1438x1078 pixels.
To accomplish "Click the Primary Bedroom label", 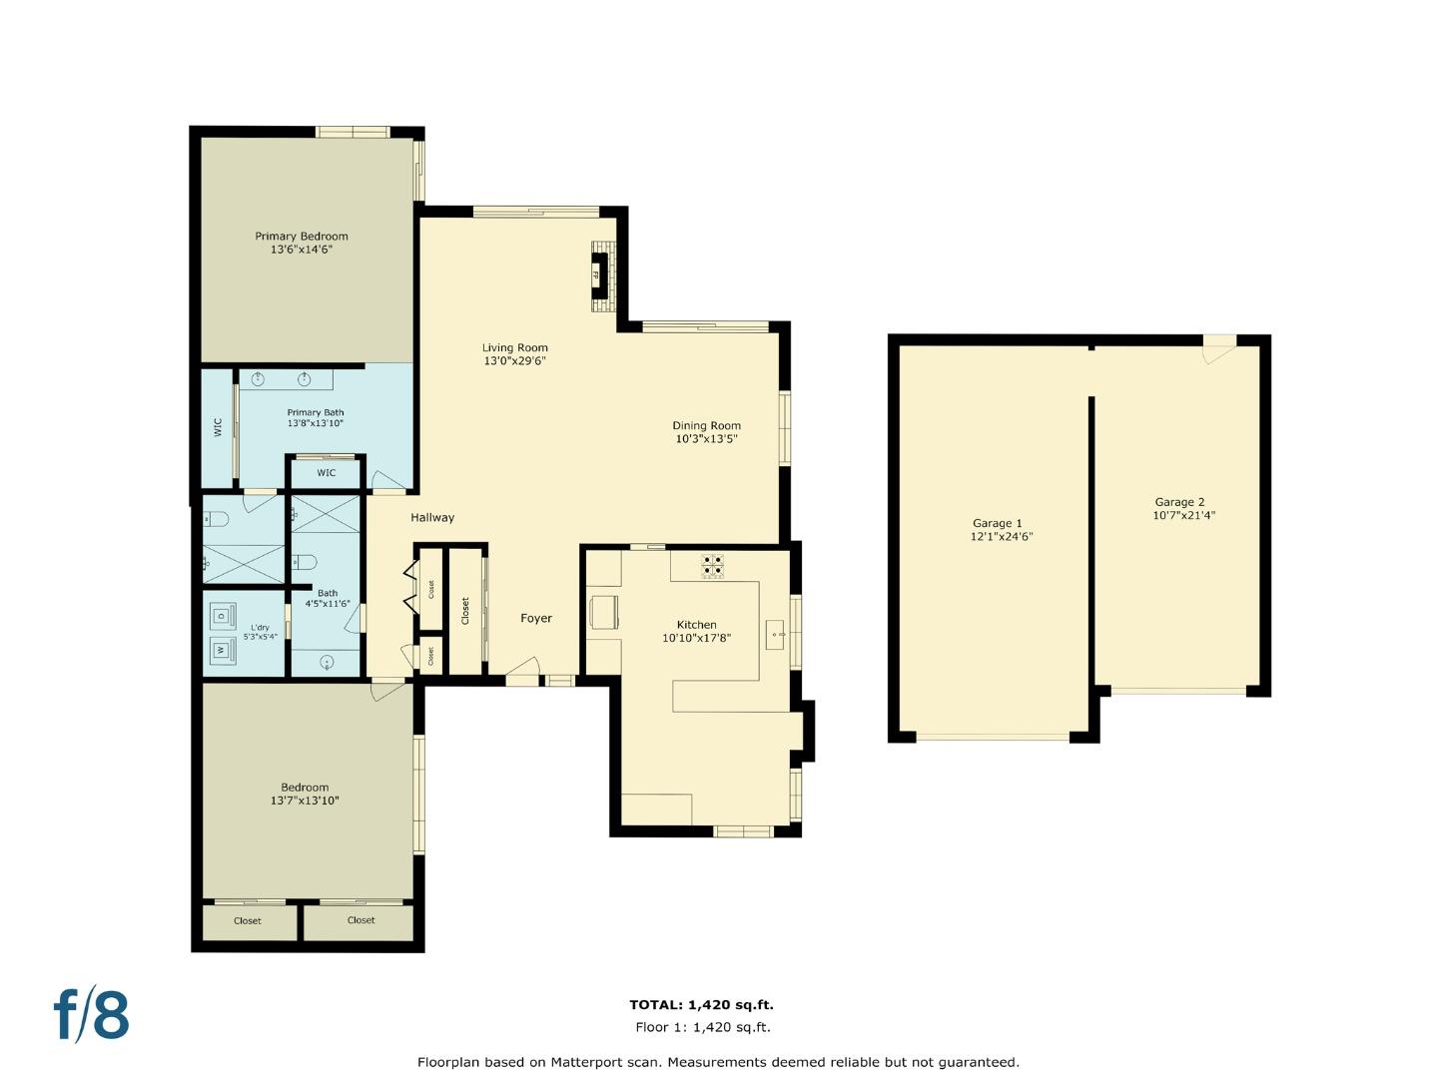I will click(301, 237).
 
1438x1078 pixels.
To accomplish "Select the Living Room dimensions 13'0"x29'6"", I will click(514, 361).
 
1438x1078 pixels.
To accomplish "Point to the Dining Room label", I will click(706, 425).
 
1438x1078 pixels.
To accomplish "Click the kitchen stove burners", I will click(712, 566).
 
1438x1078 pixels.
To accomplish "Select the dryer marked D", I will click(222, 615).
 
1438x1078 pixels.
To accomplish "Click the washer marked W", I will click(222, 651).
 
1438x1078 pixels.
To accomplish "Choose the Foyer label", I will click(536, 618).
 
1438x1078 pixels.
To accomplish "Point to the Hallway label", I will click(432, 517).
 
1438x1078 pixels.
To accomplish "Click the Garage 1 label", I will click(997, 523).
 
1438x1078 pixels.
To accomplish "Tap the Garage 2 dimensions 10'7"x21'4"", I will click(1183, 516).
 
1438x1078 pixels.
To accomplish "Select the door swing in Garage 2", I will click(1218, 352).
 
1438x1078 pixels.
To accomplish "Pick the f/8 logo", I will click(91, 1015).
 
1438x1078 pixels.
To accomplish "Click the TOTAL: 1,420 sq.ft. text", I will click(701, 1005).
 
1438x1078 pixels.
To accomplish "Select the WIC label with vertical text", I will click(218, 427).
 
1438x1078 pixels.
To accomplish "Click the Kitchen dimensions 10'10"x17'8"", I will click(696, 638).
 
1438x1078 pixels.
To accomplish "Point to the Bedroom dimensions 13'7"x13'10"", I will click(305, 801).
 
